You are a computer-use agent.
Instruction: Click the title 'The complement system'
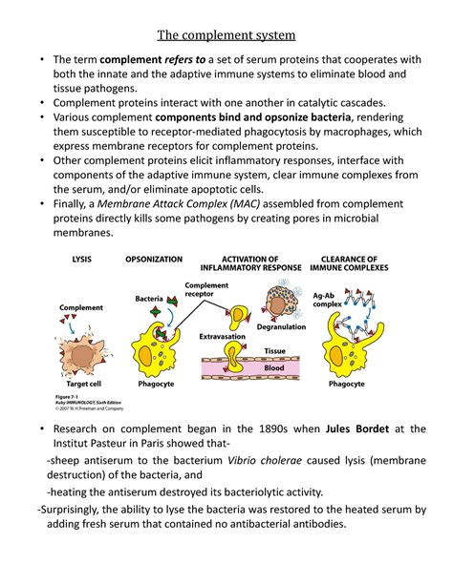(226, 37)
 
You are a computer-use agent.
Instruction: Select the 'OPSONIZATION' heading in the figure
(153, 259)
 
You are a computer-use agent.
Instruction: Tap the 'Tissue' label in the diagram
(275, 350)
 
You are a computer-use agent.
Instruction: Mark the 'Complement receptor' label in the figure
(205, 290)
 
